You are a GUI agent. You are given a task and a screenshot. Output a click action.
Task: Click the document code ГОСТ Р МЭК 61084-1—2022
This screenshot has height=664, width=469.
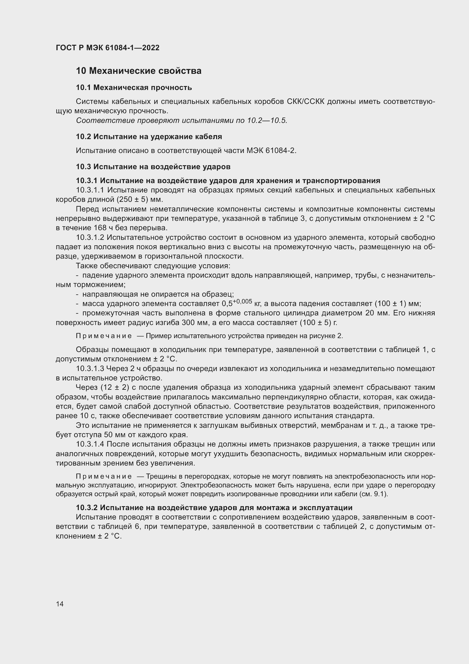[107, 48]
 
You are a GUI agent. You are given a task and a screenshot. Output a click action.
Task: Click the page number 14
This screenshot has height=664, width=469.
[60, 604]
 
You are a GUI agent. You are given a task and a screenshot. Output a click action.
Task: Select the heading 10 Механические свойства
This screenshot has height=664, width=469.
[139, 71]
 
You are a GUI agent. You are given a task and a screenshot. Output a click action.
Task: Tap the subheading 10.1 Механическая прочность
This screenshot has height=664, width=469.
[134, 87]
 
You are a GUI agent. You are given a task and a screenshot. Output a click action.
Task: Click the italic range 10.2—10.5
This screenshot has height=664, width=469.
[267, 121]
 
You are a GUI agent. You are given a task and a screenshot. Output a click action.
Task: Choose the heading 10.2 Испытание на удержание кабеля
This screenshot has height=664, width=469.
[149, 137]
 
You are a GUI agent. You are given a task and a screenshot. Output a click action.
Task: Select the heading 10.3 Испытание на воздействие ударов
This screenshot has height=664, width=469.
[153, 167]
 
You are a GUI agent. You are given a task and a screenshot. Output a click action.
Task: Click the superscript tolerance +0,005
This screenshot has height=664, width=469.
[243, 301]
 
